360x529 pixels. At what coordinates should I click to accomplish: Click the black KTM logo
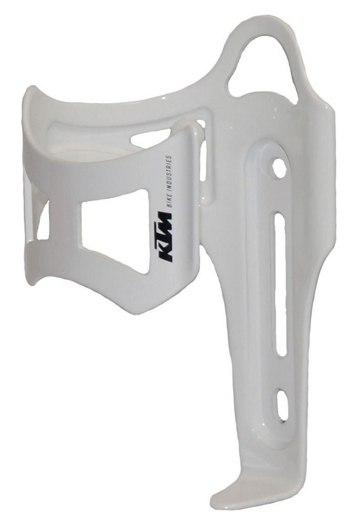166,238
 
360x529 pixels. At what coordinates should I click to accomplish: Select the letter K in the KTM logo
166,254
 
